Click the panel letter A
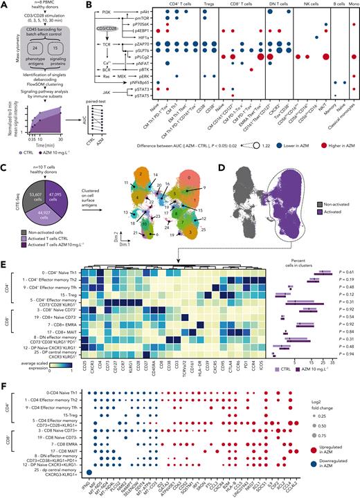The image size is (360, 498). [x=5, y=5]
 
